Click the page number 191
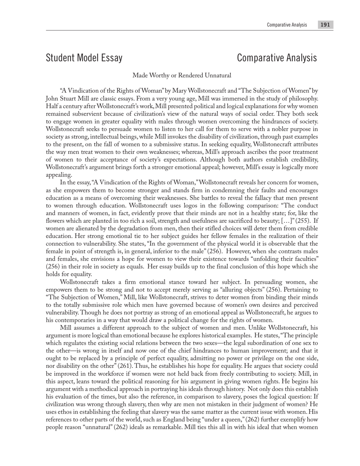(325, 25)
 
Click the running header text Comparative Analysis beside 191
(287, 25)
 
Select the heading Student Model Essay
(84, 58)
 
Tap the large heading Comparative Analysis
(277, 58)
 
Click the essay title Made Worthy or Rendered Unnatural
(182, 75)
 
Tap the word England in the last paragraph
(163, 420)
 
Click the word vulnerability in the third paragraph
(63, 313)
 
